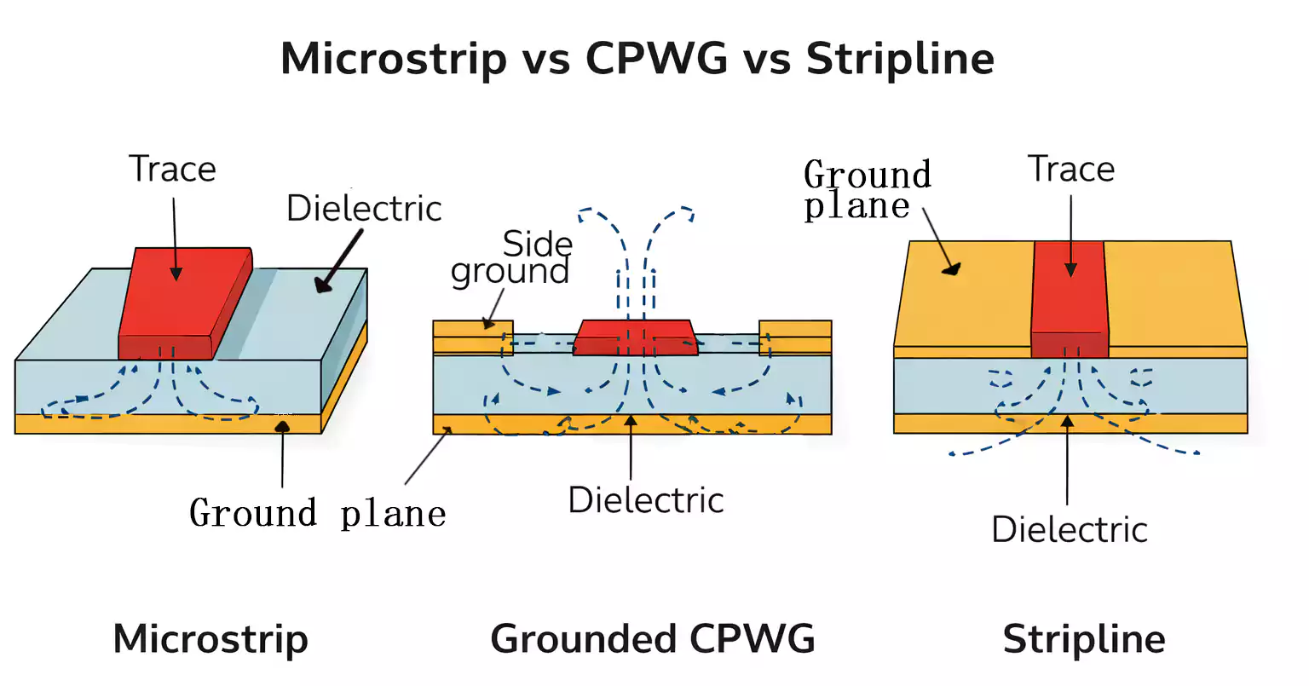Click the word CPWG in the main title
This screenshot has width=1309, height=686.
656,60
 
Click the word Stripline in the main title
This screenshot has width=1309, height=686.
900,60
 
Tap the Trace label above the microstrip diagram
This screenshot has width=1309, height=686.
172,170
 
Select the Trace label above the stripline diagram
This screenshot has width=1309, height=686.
1071,170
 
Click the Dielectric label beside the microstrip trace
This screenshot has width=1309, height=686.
364,209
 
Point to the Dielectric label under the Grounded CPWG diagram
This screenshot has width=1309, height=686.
646,500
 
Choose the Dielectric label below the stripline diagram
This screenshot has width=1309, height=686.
1070,530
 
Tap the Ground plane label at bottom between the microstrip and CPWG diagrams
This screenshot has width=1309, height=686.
317,514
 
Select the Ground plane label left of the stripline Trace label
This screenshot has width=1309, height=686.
867,190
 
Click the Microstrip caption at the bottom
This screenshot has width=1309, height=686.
210,639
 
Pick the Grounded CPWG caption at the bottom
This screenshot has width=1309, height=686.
653,639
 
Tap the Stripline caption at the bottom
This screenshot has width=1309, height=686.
1084,639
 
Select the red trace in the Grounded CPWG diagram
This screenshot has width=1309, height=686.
635,337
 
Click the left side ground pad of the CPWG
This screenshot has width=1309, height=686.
473,337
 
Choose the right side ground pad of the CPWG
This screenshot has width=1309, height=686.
795,337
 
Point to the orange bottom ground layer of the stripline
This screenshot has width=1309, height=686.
1070,424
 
